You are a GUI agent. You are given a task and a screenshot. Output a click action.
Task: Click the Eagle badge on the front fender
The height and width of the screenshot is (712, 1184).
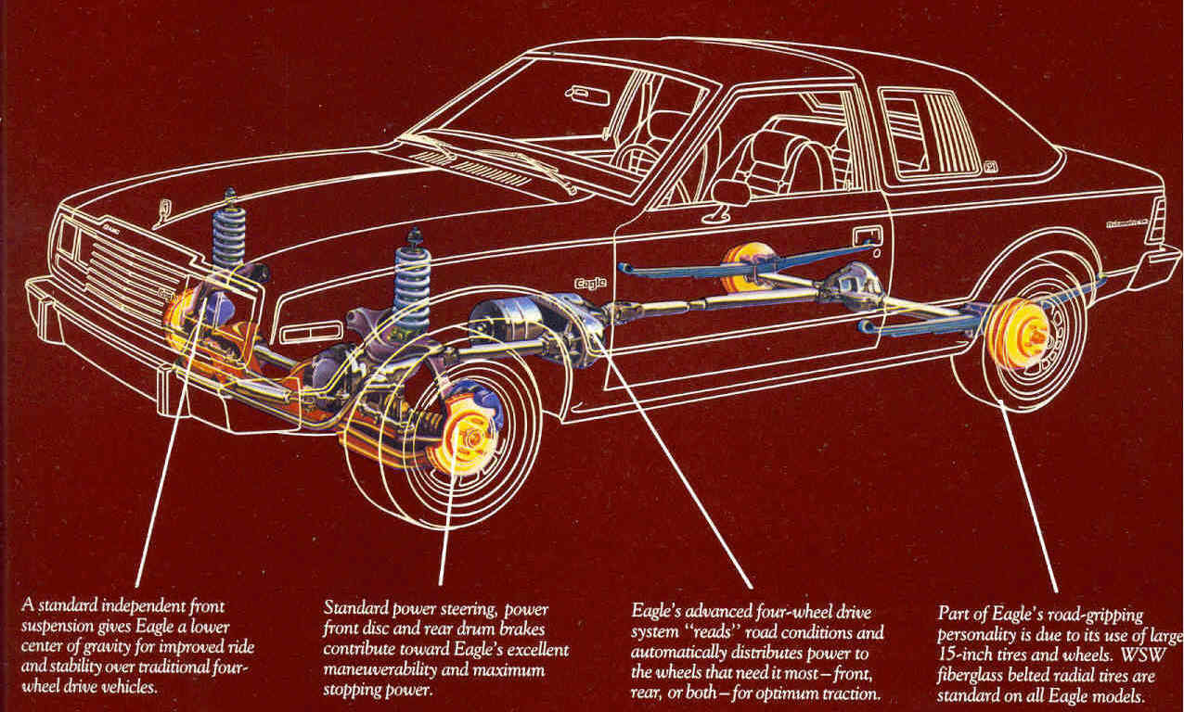coord(589,284)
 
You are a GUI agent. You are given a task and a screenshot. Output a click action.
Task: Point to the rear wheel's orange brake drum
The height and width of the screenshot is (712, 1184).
coord(1017,331)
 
